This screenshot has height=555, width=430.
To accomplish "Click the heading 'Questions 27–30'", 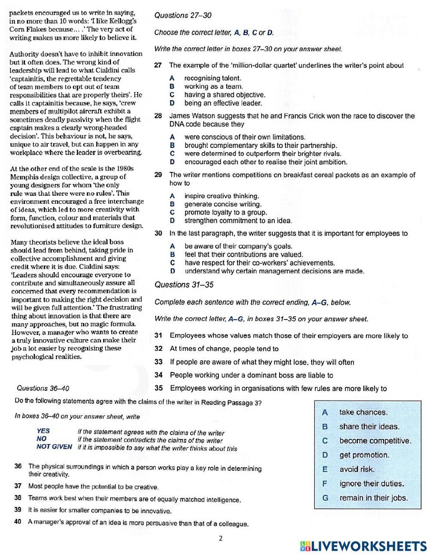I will click(183, 15).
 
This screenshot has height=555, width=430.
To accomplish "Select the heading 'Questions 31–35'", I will click(184, 285).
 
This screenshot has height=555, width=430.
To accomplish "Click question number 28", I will click(158, 116).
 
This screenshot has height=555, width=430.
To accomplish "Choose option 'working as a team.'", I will click(213, 86).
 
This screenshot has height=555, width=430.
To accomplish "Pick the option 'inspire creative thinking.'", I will click(222, 196).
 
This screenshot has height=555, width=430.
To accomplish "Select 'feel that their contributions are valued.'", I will click(243, 255).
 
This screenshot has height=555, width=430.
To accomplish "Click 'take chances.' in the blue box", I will click(363, 412).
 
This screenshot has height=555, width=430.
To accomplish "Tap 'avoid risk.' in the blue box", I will click(357, 469).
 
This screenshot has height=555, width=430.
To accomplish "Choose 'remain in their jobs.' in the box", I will click(373, 498).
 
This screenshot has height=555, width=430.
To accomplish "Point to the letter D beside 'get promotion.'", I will click(325, 455).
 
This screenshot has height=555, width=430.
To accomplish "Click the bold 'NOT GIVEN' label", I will click(54, 447).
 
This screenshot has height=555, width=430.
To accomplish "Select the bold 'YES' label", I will click(43, 431).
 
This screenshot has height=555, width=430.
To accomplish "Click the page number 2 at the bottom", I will click(221, 538).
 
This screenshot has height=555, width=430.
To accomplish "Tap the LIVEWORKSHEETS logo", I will click(363, 546).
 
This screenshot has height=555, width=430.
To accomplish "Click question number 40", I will click(18, 521).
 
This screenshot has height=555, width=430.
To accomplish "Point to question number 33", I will click(158, 362).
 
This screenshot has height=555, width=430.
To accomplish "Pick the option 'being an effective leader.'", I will click(223, 103).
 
